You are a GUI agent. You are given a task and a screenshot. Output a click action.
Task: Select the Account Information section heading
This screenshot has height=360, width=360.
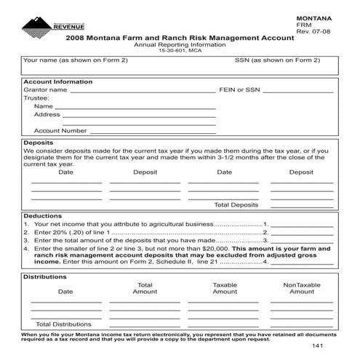click(58, 82)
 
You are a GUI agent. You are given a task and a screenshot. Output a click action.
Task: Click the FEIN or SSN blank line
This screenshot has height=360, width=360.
click(298, 92)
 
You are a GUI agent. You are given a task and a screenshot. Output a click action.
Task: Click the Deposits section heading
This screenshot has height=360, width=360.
click(39, 143)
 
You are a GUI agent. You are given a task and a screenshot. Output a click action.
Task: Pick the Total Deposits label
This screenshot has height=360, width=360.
click(236, 204)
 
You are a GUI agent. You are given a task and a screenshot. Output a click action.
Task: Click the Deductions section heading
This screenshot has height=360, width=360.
click(43, 216)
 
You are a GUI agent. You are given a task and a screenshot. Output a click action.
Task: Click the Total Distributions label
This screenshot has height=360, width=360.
click(63, 324)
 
